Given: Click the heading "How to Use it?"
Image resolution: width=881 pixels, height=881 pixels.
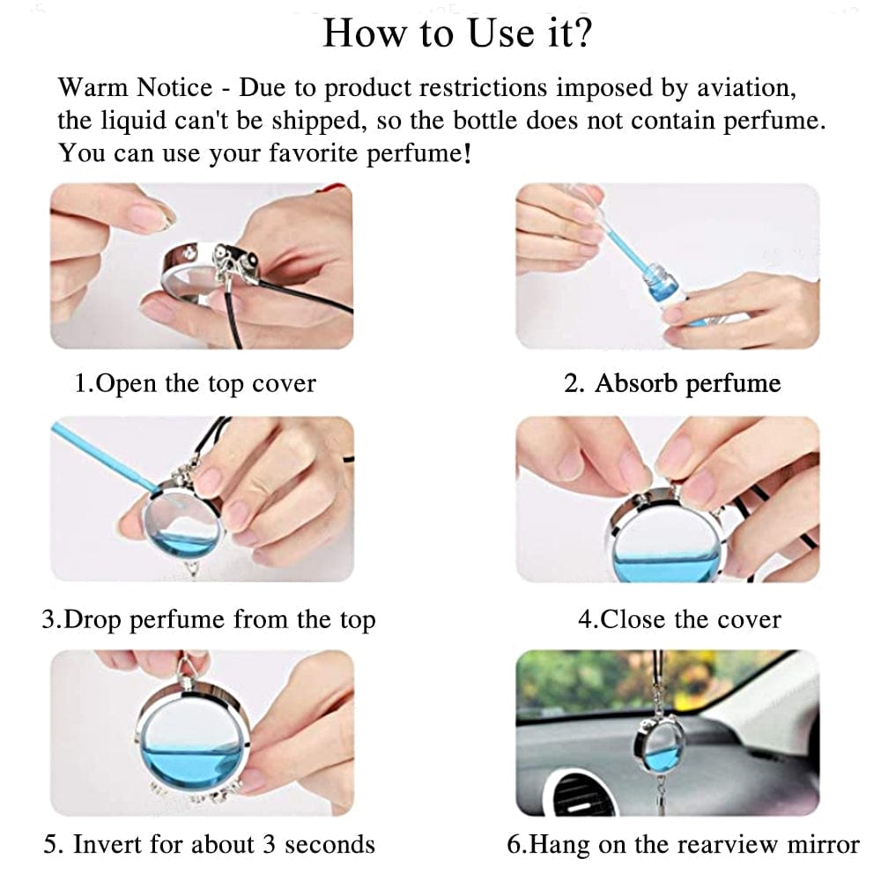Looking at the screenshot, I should click(x=456, y=33).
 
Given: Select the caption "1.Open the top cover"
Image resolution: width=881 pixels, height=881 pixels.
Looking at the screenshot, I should click(x=195, y=384).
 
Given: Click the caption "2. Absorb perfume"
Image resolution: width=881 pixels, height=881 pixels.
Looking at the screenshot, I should click(x=672, y=384).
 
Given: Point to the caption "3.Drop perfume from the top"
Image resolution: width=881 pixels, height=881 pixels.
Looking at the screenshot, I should click(x=208, y=619).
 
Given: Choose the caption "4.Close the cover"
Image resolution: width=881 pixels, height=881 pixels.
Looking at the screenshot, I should click(x=679, y=619).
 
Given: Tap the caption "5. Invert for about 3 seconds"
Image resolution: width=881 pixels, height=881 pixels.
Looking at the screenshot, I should click(x=209, y=844).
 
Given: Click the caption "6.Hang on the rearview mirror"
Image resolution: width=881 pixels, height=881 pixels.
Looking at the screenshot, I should click(x=683, y=844).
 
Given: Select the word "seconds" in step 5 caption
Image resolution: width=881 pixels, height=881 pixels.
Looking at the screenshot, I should click(x=330, y=844).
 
